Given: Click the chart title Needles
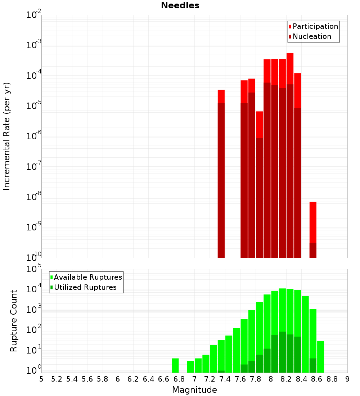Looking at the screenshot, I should [x=180, y=5].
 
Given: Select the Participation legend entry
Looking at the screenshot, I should [x=315, y=26].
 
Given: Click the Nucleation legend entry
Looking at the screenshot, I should [x=312, y=36].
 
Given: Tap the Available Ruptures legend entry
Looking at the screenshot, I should [x=88, y=277].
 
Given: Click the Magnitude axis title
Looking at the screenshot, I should [x=194, y=390].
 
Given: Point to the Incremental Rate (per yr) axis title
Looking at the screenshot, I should [x=7, y=136].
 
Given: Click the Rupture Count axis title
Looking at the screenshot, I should [x=14, y=321].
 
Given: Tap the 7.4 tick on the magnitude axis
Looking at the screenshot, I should [x=225, y=379].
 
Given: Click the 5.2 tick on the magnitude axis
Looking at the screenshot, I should [x=57, y=379].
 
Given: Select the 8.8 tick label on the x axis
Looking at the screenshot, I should [x=332, y=379].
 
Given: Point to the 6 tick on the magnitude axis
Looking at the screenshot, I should [x=118, y=379].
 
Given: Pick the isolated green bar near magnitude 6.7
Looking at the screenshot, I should [x=175, y=365].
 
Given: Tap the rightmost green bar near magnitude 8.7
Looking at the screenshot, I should [x=320, y=357].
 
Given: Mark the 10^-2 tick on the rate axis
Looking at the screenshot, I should [x=34, y=15].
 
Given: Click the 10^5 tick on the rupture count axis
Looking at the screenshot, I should [x=34, y=269].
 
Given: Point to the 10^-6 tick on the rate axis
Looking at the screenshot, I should [x=34, y=136].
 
